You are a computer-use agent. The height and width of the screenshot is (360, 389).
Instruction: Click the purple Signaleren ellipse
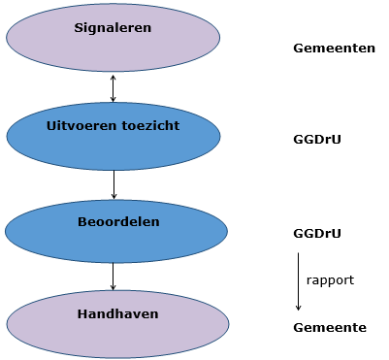click(x=113, y=44)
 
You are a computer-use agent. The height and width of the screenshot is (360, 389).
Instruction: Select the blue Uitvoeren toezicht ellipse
click(x=113, y=143)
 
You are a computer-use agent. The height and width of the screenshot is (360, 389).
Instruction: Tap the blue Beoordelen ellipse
click(x=116, y=237)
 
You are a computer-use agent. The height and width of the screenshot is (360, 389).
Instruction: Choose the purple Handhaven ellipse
click(x=117, y=329)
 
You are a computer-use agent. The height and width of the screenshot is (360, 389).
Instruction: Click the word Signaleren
click(x=113, y=28)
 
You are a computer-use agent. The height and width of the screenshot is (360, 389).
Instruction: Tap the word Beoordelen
click(x=118, y=222)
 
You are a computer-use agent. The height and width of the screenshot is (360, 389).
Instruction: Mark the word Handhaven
click(x=117, y=314)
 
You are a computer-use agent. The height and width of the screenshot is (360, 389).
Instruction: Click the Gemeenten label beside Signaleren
click(x=334, y=48)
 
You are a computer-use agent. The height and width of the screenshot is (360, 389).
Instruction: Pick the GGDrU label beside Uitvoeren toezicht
click(x=316, y=140)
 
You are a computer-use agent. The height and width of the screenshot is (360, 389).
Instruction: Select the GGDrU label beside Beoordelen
click(x=316, y=234)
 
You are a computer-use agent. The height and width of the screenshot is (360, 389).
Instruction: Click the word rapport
click(x=330, y=280)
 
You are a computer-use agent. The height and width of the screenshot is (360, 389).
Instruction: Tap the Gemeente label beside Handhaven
click(x=330, y=328)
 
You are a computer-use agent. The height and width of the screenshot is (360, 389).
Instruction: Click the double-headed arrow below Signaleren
click(x=113, y=87)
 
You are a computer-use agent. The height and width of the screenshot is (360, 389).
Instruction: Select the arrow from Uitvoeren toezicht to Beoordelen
click(x=113, y=184)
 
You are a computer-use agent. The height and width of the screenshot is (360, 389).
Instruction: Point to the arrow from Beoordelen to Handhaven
click(x=113, y=277)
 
